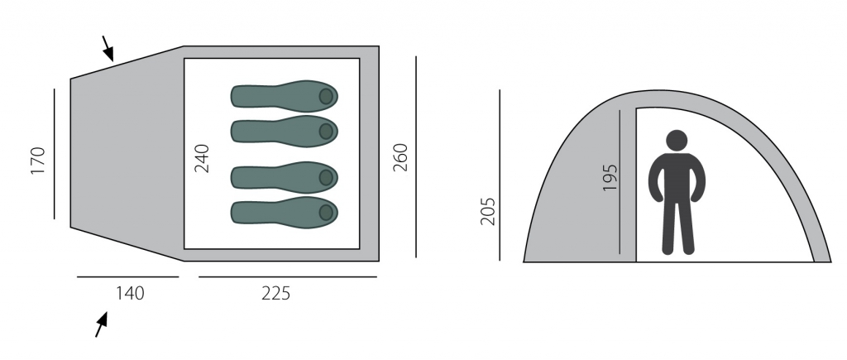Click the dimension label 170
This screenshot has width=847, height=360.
(38, 161)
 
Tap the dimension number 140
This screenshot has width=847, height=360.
(130, 293)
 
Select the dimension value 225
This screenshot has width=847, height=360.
(276, 293)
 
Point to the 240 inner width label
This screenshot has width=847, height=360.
(202, 158)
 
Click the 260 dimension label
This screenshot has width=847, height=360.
(400, 157)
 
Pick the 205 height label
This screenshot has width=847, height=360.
(488, 211)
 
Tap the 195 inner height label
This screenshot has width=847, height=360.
(610, 177)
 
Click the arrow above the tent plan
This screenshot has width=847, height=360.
(108, 49)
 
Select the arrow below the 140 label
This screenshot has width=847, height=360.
(101, 324)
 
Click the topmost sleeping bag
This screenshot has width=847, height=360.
(285, 96)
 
